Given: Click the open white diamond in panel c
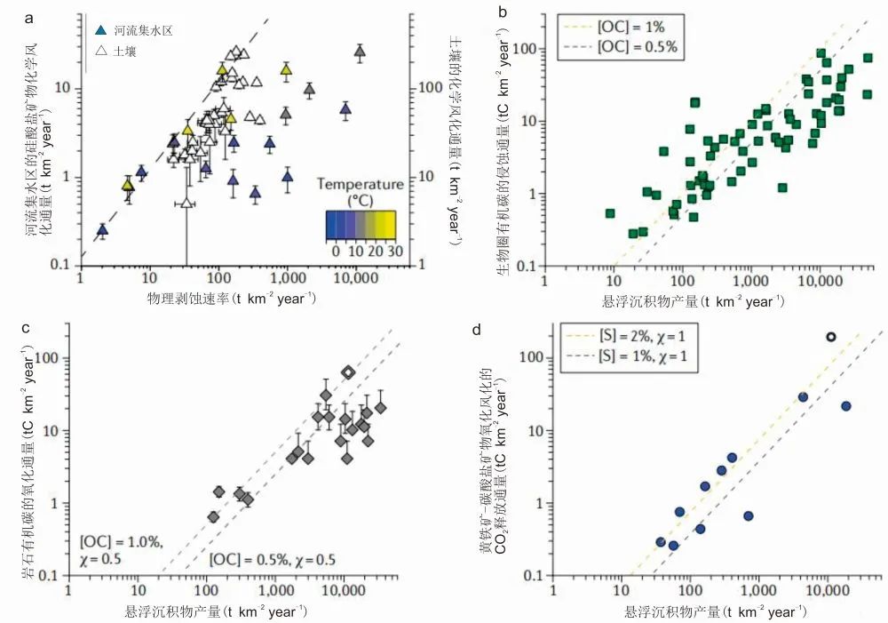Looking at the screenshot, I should tap(348, 372).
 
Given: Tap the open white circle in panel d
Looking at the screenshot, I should tap(830, 338).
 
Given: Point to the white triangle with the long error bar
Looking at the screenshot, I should tap(186, 203).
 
